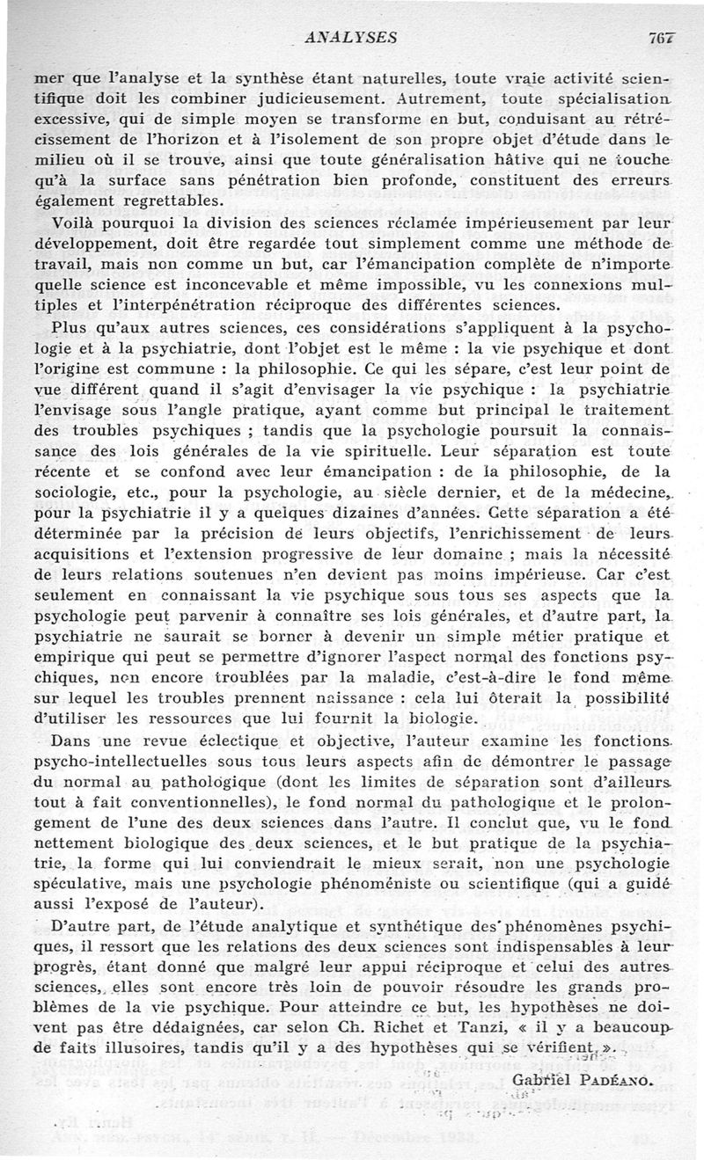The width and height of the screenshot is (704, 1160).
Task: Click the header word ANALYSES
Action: click(x=349, y=37)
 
